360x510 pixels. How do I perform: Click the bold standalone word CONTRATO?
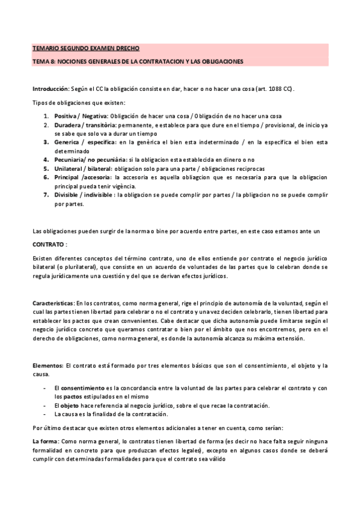pyautogui.click(x=49, y=245)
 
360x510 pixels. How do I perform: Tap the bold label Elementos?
pyautogui.click(x=47, y=365)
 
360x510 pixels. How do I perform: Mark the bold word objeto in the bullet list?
pyautogui.click(x=70, y=405)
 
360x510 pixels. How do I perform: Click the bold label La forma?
pyautogui.click(x=46, y=441)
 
